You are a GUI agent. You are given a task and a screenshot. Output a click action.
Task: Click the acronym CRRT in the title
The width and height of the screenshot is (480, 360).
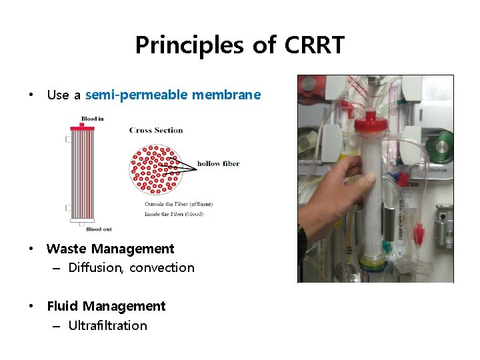[315, 45]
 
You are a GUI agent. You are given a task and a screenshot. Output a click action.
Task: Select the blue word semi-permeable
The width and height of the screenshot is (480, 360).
[137, 95]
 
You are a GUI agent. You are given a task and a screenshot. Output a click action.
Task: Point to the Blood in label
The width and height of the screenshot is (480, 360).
[92, 119]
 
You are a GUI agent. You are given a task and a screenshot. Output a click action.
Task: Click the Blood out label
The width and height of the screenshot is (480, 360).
[99, 229]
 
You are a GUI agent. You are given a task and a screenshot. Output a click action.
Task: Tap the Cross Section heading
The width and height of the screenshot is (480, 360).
[156, 130]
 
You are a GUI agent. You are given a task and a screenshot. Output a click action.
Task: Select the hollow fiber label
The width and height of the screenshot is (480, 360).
[218, 163]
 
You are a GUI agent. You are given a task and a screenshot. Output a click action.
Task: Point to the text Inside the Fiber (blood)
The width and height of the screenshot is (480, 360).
[174, 214]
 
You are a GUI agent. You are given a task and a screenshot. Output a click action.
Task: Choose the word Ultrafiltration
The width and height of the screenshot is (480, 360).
[108, 325]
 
